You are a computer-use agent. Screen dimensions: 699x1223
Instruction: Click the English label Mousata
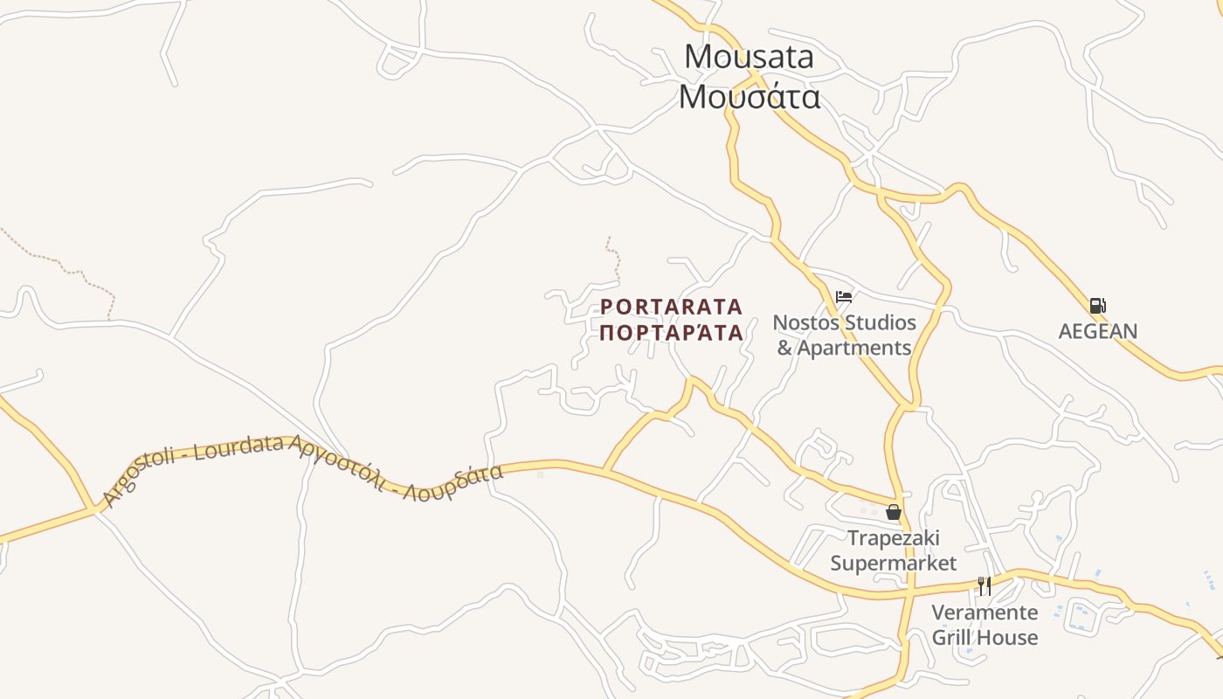pos(749,57)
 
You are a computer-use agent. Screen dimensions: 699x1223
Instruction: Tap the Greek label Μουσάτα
pos(749,96)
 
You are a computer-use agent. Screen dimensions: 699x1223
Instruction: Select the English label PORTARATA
pos(671,308)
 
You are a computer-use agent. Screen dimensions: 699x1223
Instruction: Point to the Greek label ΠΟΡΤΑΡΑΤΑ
pos(671,333)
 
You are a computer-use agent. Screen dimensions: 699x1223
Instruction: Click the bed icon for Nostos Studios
pos(843,297)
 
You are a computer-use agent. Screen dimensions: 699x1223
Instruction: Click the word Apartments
pos(854,348)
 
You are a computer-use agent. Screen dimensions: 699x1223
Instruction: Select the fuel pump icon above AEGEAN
pos(1097,306)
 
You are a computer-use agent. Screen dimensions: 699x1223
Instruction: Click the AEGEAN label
pos(1098,331)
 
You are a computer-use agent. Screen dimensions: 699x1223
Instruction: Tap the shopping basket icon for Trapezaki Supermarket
pos(893,512)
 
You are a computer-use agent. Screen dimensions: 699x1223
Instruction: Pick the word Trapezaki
pos(893,537)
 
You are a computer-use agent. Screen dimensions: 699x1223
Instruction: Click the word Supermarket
pos(893,563)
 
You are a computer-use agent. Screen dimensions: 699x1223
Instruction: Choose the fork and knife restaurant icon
pos(985,585)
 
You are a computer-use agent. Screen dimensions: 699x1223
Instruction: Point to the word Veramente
pos(985,612)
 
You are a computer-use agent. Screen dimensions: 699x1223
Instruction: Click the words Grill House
pos(985,637)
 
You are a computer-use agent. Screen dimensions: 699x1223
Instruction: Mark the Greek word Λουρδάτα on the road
pos(459,483)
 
